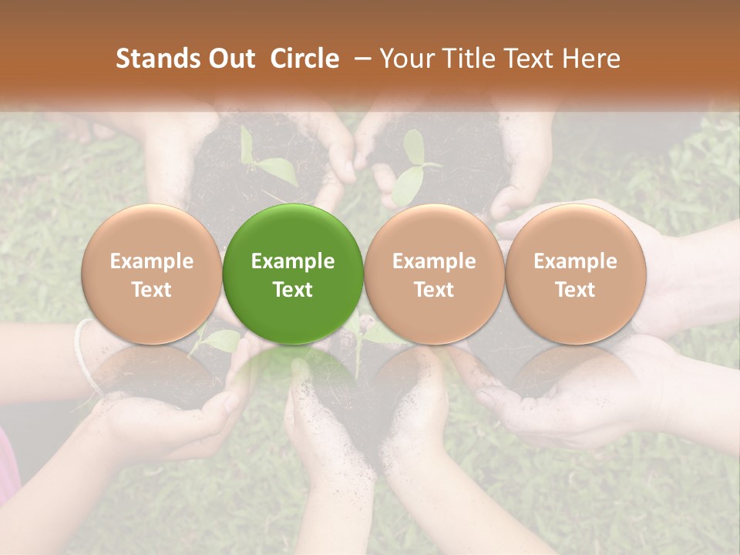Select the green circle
point(293,274)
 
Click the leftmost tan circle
point(152,274)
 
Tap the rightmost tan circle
point(575,274)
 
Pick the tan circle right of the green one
point(434,274)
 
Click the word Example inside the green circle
point(293,261)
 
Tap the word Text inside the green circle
point(293,290)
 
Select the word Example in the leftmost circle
point(152,261)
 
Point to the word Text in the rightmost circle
point(575,290)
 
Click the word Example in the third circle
point(434,261)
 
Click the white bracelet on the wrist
point(85,355)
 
